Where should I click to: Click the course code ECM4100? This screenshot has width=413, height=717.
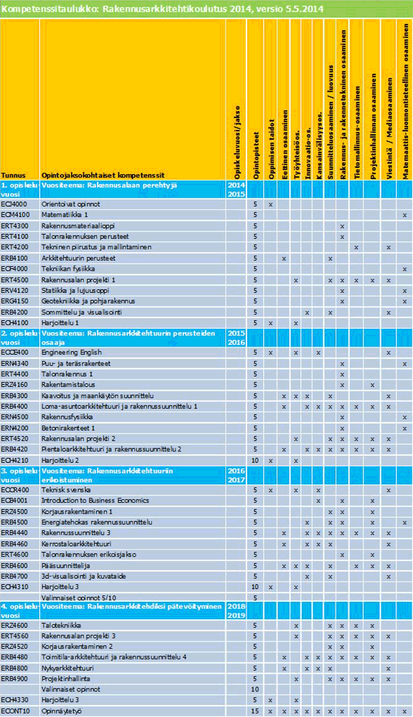tap(14, 215)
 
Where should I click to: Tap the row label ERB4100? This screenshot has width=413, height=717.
tap(14, 258)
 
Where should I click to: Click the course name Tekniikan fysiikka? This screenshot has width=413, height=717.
tap(68, 269)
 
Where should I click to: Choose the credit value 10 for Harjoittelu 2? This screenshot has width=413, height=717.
tap(255, 460)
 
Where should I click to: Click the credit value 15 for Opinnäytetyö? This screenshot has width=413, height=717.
tap(255, 711)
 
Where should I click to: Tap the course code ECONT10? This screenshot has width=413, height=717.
tap(15, 711)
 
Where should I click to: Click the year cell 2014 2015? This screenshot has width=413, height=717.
tap(236, 189)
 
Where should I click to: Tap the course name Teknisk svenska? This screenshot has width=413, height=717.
tap(65, 490)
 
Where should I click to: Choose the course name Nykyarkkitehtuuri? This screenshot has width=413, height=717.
tap(67, 668)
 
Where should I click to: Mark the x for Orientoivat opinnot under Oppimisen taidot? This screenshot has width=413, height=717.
tap(271, 204)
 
